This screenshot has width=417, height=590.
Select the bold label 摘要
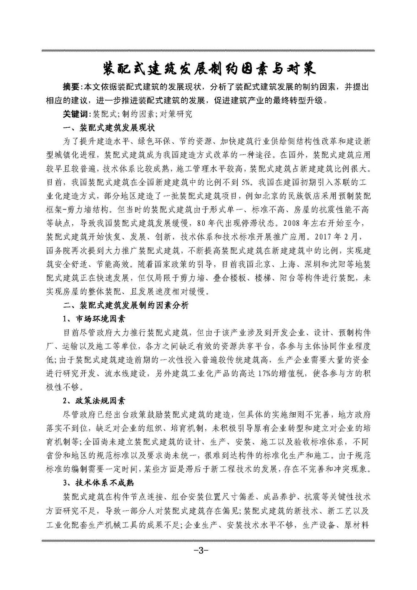click(x=70, y=88)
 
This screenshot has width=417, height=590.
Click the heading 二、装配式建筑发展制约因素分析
click(x=126, y=305)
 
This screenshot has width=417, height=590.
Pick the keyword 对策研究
click(x=174, y=114)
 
